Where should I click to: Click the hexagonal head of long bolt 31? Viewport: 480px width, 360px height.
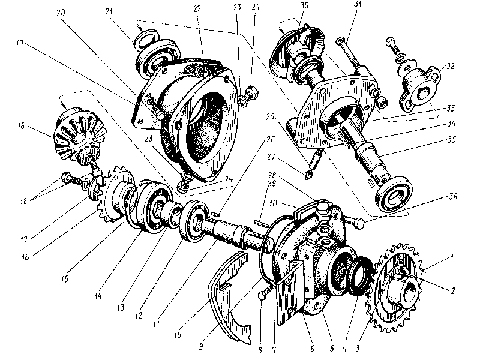pos(341,42)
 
